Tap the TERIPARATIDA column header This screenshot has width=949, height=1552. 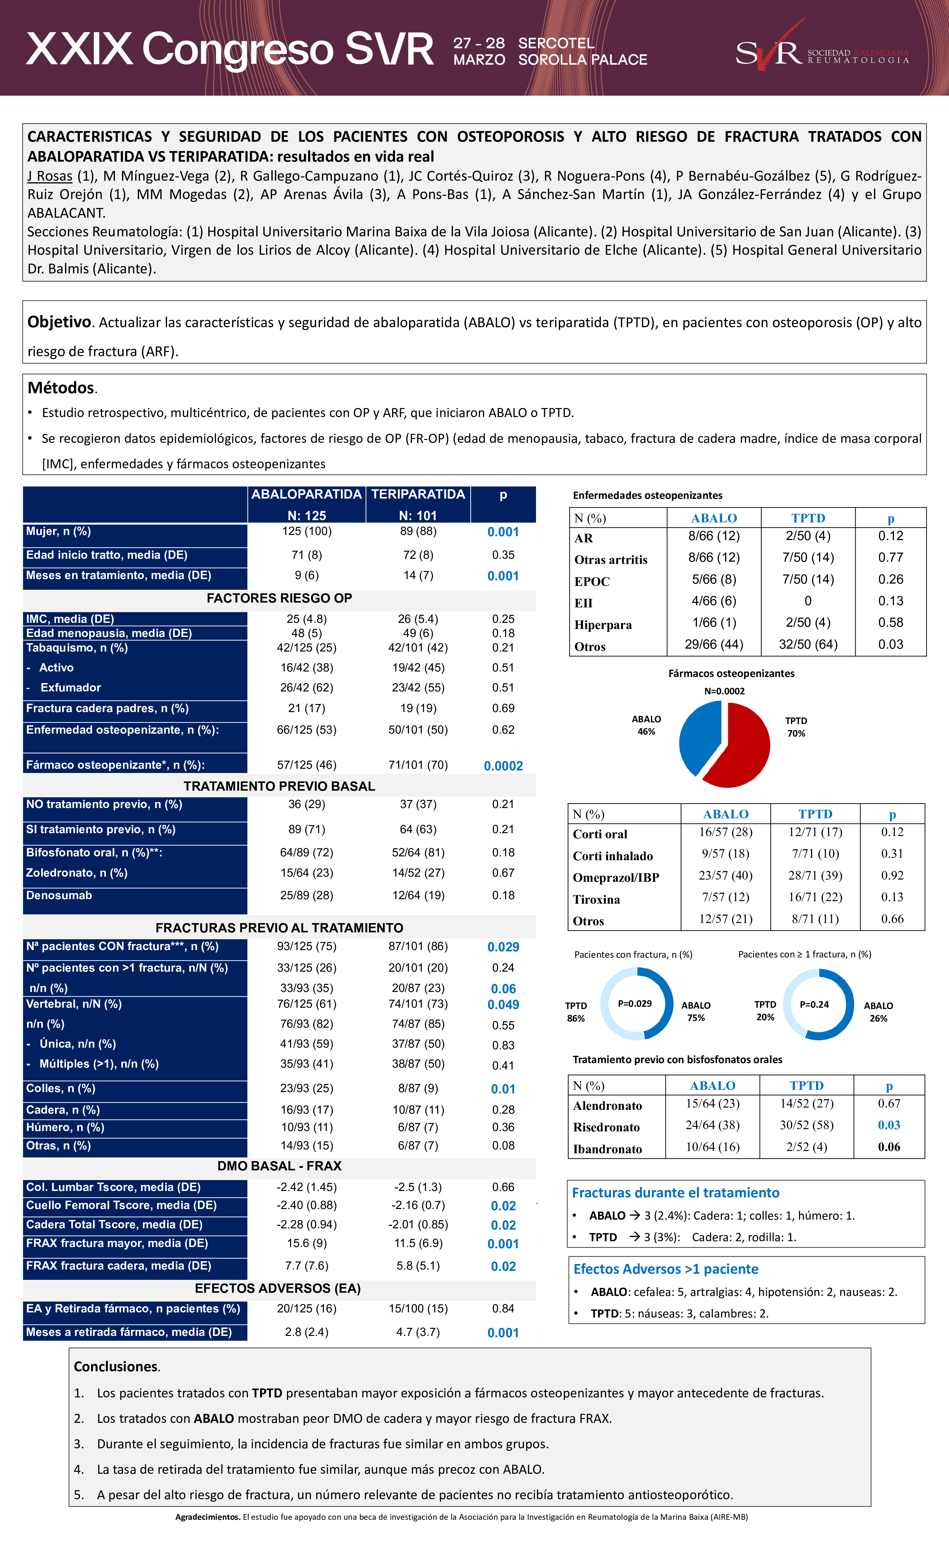tap(418, 494)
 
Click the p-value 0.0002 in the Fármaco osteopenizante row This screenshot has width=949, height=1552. tap(503, 766)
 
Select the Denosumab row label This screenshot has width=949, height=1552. tap(59, 895)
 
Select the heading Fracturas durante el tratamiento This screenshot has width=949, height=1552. tap(675, 1192)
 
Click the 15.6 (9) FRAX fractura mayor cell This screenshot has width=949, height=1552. tap(307, 1243)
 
